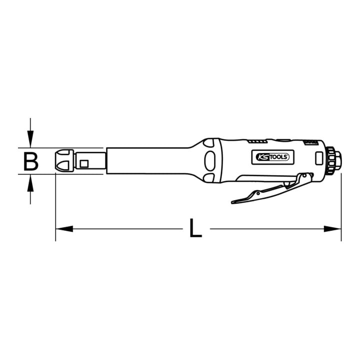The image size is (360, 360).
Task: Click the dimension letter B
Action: pos(31,162)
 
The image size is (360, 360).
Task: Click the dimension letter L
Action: pos(195,228)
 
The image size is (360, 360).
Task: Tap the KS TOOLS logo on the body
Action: pos(272,157)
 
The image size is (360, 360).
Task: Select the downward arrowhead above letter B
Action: pos(30,139)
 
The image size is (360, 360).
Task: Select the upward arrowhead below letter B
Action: pos(30,183)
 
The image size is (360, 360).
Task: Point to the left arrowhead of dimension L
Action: pos(64,228)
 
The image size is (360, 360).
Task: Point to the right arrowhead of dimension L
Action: pos(332,228)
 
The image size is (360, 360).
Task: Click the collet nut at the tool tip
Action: pos(64,160)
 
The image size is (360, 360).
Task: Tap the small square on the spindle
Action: pos(84,163)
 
